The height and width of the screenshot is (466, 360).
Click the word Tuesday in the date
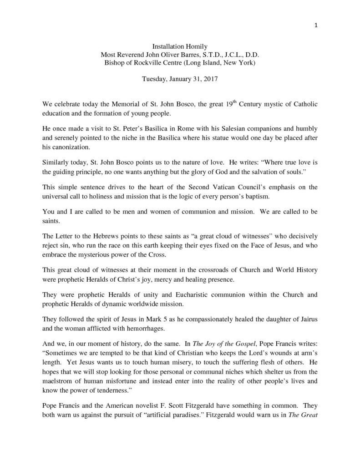coord(155,79)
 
